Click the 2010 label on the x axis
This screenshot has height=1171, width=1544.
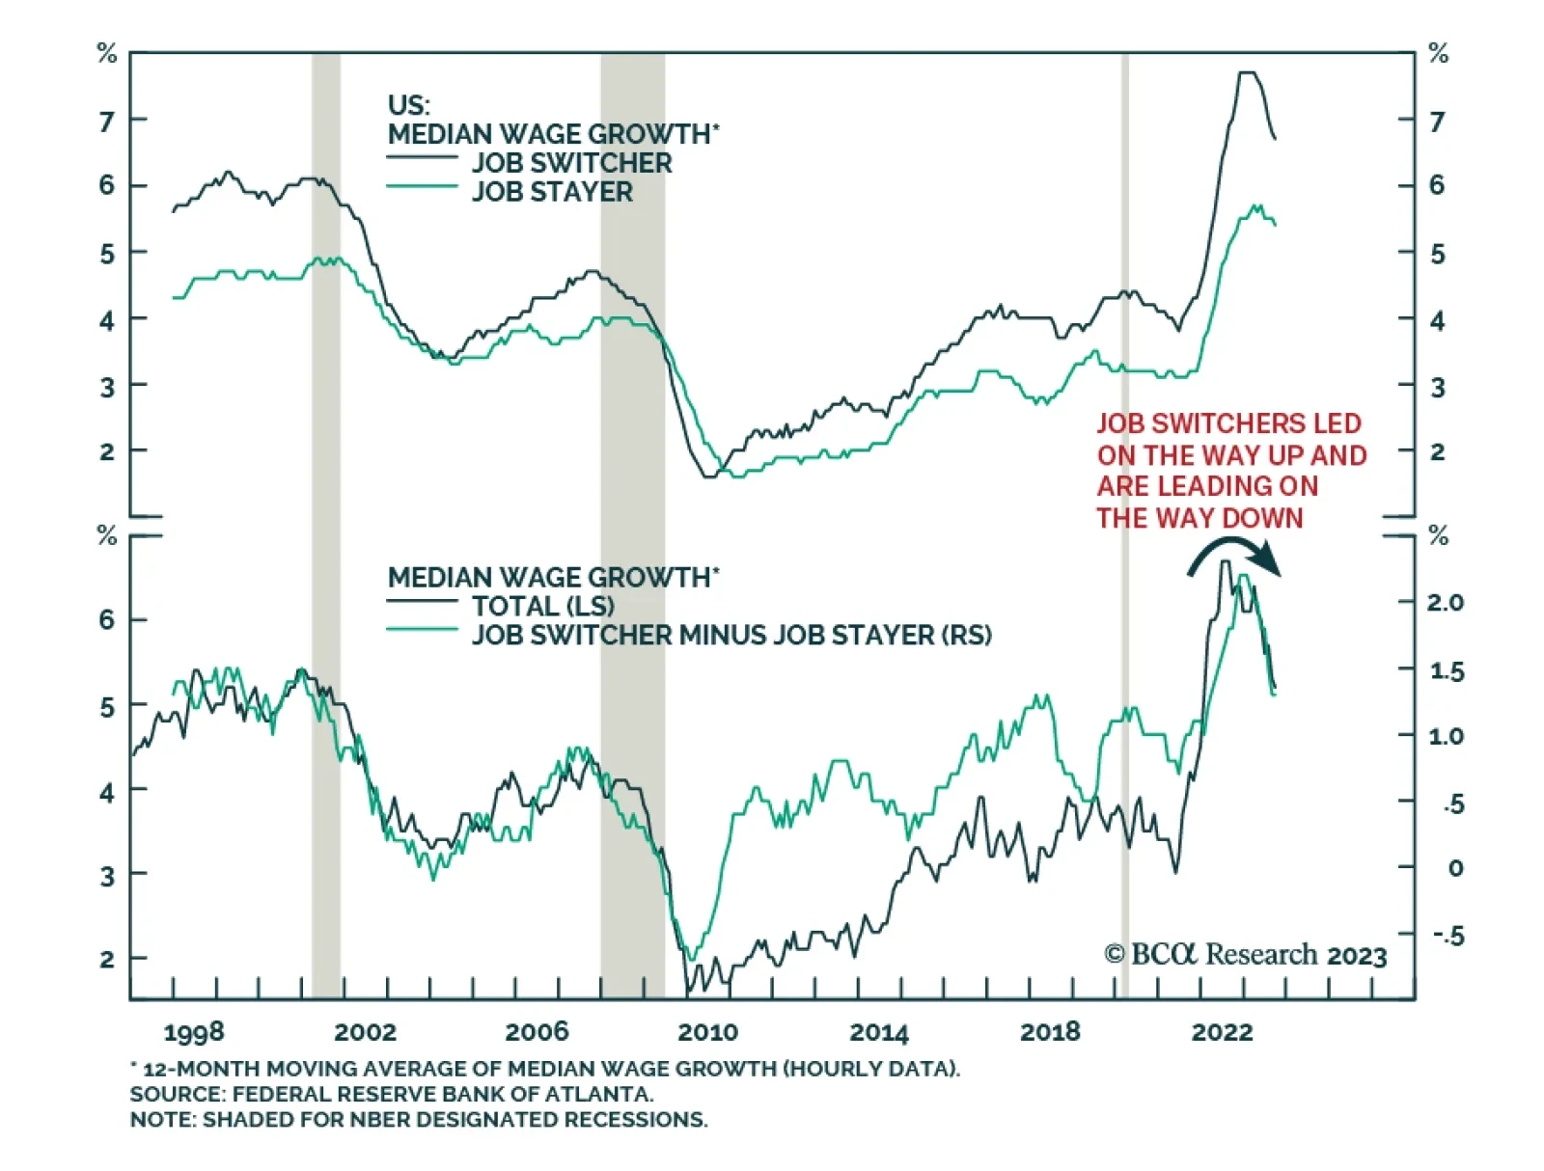coord(707,1032)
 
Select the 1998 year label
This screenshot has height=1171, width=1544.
coord(194,1032)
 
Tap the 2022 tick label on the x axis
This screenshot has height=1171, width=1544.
coord(1222,1032)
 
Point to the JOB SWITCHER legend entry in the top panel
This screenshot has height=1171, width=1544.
coord(571,163)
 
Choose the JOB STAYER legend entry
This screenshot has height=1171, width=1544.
coord(552,192)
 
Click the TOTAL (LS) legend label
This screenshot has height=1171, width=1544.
coord(542,607)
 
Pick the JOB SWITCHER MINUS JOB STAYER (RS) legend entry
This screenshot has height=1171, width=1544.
coord(731,636)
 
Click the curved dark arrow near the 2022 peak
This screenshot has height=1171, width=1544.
coord(1234,557)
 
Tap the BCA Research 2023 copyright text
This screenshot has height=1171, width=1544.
coord(1245,955)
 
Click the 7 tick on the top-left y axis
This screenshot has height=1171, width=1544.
coord(107,122)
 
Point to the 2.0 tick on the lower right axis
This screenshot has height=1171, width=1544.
coord(1445,603)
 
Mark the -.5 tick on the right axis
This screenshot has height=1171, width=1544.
coord(1447,936)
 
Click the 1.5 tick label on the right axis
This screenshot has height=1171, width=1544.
coord(1446,671)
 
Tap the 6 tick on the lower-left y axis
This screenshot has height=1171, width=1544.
coord(107,619)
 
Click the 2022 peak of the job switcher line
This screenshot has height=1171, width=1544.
coord(1248,73)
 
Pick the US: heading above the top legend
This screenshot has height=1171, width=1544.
coord(408,104)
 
